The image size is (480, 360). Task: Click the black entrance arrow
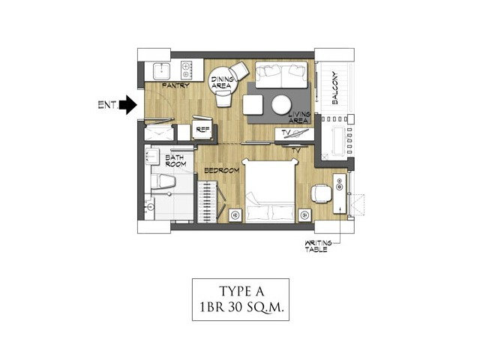(x=128, y=105)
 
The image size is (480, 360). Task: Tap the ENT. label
(x=108, y=105)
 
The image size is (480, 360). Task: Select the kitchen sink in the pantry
(x=161, y=71)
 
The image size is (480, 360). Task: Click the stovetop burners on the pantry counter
(x=187, y=70)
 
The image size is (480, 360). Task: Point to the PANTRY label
(x=175, y=85)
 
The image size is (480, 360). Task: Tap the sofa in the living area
(x=281, y=75)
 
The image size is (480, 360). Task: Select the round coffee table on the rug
(x=281, y=105)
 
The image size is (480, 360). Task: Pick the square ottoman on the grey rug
(x=253, y=105)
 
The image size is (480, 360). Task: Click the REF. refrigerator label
(x=203, y=130)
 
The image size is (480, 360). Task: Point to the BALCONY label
(x=335, y=88)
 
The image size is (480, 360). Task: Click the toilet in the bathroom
(x=163, y=181)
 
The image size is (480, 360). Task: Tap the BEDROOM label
(x=222, y=170)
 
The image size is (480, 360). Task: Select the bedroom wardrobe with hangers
(x=207, y=202)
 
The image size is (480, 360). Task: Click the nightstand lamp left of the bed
(x=235, y=215)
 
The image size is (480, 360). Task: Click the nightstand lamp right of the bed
(x=304, y=215)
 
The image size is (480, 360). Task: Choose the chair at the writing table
(x=321, y=193)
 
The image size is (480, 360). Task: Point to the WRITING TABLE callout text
(x=318, y=246)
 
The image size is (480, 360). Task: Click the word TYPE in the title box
(x=233, y=292)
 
